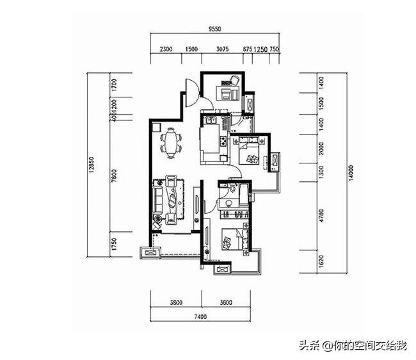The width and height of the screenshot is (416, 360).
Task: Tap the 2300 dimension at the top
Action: coord(166,49)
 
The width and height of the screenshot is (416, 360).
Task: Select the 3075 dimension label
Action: coord(223,49)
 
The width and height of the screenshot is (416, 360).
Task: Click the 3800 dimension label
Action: coord(175,302)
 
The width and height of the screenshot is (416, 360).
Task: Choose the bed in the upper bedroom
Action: coord(250,154)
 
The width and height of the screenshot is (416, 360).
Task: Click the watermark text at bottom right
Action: coord(351,346)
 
